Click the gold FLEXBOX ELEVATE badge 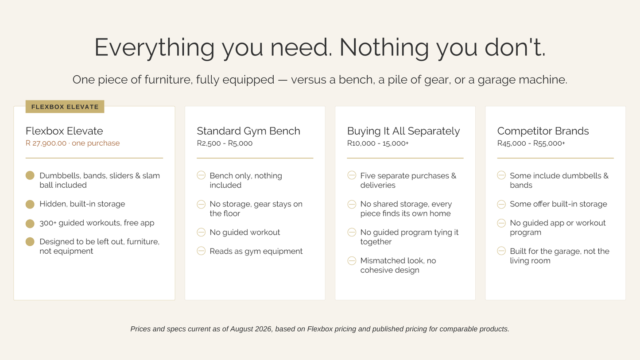pos(65,107)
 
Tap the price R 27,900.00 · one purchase pos(73,143)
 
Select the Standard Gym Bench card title pos(248,131)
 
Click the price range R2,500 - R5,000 pos(225,143)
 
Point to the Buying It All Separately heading pos(403,131)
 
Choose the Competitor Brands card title pos(543,131)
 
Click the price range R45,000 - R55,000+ pos(531,143)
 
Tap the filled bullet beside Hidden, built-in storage pos(30,204)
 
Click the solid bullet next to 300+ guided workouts pos(30,224)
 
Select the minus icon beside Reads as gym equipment pos(201,251)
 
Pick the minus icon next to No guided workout pos(201,232)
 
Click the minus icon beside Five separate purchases pos(352,175)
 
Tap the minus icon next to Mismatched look pos(352,260)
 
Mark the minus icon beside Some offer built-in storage pos(501,204)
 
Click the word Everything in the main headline pos(154,47)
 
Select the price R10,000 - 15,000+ pos(378,143)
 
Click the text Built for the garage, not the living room pos(559,255)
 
